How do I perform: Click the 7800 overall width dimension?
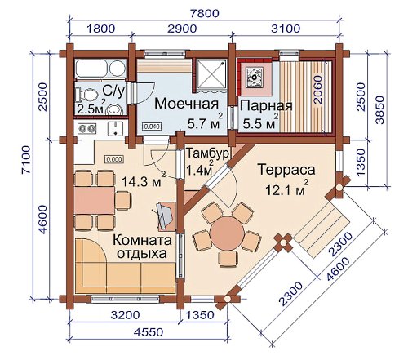(205, 13)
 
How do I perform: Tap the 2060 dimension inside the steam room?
(317, 90)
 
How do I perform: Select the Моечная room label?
(187, 104)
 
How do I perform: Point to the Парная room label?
(266, 105)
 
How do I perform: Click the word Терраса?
(286, 170)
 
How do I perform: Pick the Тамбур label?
(207, 153)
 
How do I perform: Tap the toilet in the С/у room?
(87, 95)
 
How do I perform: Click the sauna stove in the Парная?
(255, 77)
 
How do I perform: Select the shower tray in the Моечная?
(211, 74)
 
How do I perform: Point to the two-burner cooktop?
(86, 128)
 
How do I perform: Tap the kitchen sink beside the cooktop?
(116, 128)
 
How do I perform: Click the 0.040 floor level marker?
(152, 127)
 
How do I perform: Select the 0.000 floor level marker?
(114, 159)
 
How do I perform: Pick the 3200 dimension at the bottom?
(126, 315)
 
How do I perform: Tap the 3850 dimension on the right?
(380, 109)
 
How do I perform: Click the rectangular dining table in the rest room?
(94, 200)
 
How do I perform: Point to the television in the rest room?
(165, 216)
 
